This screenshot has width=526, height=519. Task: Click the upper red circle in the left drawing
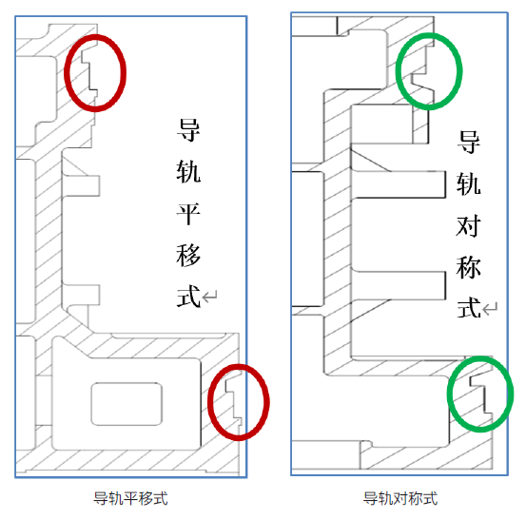tap(65, 73)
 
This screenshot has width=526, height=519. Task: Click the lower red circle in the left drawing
tap(208, 402)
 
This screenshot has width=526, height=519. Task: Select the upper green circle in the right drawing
tap(397, 71)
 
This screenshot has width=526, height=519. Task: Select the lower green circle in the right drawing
tap(448, 394)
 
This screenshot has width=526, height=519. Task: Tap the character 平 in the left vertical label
tap(188, 214)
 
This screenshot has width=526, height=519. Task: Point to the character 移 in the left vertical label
tap(188, 256)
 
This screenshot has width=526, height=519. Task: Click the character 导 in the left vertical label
tap(188, 130)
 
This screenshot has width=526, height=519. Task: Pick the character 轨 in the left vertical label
tap(188, 172)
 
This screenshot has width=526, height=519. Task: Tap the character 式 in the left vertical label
tap(188, 297)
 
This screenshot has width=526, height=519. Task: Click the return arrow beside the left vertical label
tap(210, 296)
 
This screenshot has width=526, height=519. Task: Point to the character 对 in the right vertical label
tap(468, 226)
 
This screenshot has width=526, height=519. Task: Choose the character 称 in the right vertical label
tap(468, 267)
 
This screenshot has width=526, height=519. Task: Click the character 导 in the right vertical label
tap(468, 143)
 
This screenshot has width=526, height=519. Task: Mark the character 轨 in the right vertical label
tap(468, 184)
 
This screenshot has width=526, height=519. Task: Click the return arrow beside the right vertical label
tap(490, 308)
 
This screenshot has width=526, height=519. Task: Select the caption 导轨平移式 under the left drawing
tap(130, 498)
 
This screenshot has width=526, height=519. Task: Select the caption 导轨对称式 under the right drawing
tap(400, 498)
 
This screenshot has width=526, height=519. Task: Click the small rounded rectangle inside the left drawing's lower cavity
tap(127, 404)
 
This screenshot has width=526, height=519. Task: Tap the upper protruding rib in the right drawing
tap(399, 184)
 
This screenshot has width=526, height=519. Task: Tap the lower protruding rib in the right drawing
tap(399, 285)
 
